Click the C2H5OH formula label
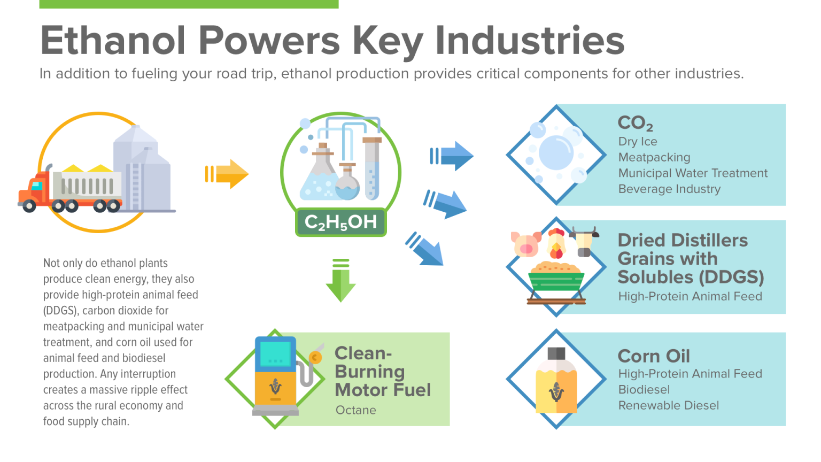[340, 222]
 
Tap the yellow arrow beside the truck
[227, 174]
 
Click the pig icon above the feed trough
[526, 244]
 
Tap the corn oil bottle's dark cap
[556, 353]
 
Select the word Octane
[356, 410]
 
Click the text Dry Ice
[638, 142]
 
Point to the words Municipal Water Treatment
[693, 173]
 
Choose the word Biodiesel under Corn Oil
[644, 390]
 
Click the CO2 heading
[635, 123]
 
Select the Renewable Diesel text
[669, 406]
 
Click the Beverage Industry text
[669, 189]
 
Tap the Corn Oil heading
[654, 356]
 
